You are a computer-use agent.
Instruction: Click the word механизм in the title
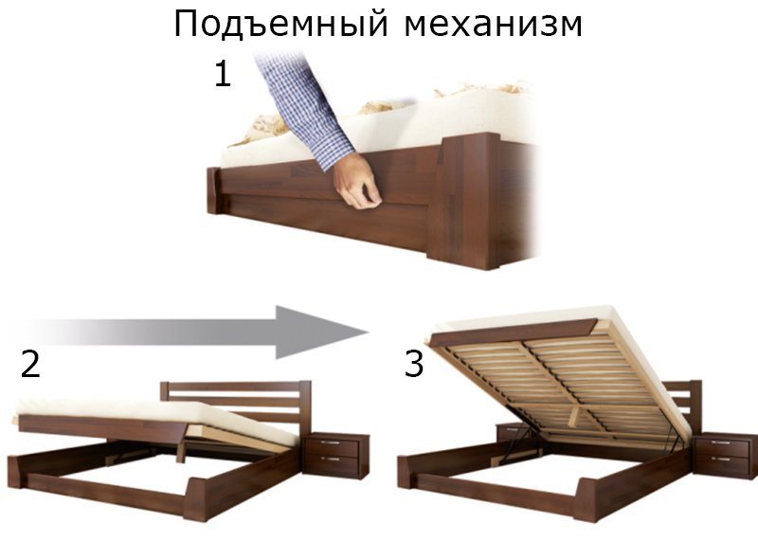[x=493, y=26]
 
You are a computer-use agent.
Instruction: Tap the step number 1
[x=223, y=75]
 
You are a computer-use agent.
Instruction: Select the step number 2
[x=30, y=364]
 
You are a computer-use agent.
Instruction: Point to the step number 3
[x=414, y=364]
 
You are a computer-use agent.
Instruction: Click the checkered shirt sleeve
[x=304, y=106]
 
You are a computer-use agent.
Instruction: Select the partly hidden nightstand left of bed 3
[x=513, y=433]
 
